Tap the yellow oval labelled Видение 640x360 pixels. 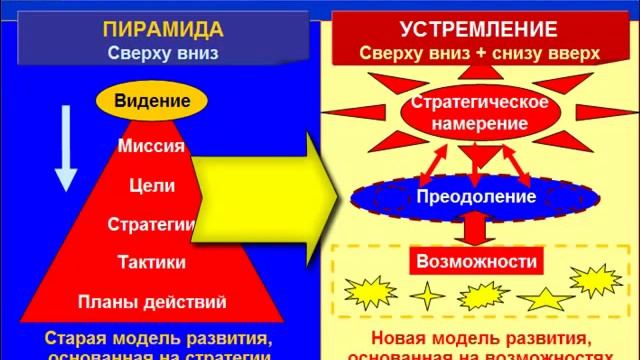152,101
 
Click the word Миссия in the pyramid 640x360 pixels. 151,146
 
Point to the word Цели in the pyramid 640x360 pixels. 152,185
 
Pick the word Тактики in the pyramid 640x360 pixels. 151,262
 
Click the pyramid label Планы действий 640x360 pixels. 152,301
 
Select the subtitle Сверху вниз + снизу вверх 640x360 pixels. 479,55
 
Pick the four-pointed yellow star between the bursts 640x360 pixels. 427,295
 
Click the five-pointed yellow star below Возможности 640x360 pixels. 545,297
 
